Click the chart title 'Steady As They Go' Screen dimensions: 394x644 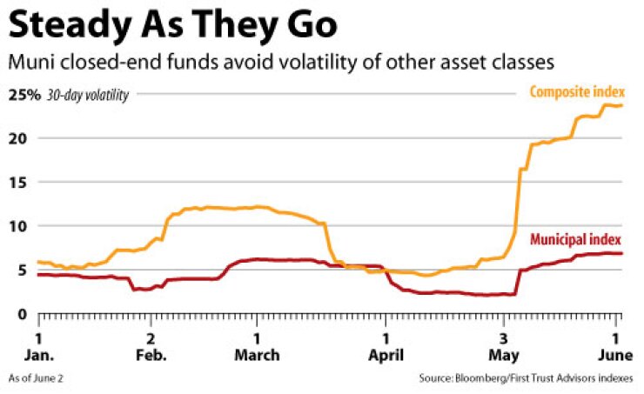[x=172, y=26]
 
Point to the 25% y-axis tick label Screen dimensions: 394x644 [x=24, y=95]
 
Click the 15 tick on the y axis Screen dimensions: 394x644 [x=22, y=183]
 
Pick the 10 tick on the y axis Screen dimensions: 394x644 [x=22, y=226]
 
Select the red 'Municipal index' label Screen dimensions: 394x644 [x=577, y=238]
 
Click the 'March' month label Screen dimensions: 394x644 [x=257, y=355]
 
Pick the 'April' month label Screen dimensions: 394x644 [x=386, y=355]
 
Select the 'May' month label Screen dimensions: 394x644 [x=504, y=355]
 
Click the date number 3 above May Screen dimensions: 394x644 [x=504, y=337]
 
